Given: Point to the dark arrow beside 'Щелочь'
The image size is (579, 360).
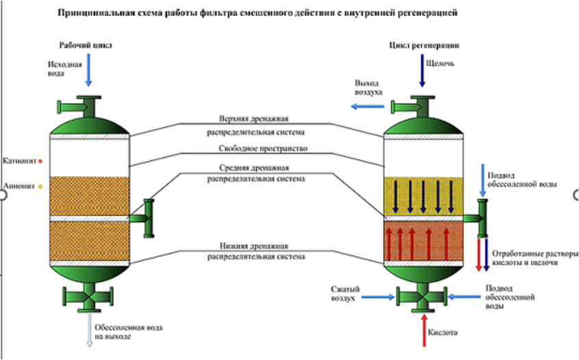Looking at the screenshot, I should coord(422,71).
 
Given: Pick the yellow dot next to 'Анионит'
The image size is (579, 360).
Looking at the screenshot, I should coord(40,186).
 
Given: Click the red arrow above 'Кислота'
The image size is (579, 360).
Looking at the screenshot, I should coord(423,326).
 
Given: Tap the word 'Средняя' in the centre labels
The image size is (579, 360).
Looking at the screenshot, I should coord(234,167).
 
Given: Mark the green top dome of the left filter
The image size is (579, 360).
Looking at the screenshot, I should coord(89,124).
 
